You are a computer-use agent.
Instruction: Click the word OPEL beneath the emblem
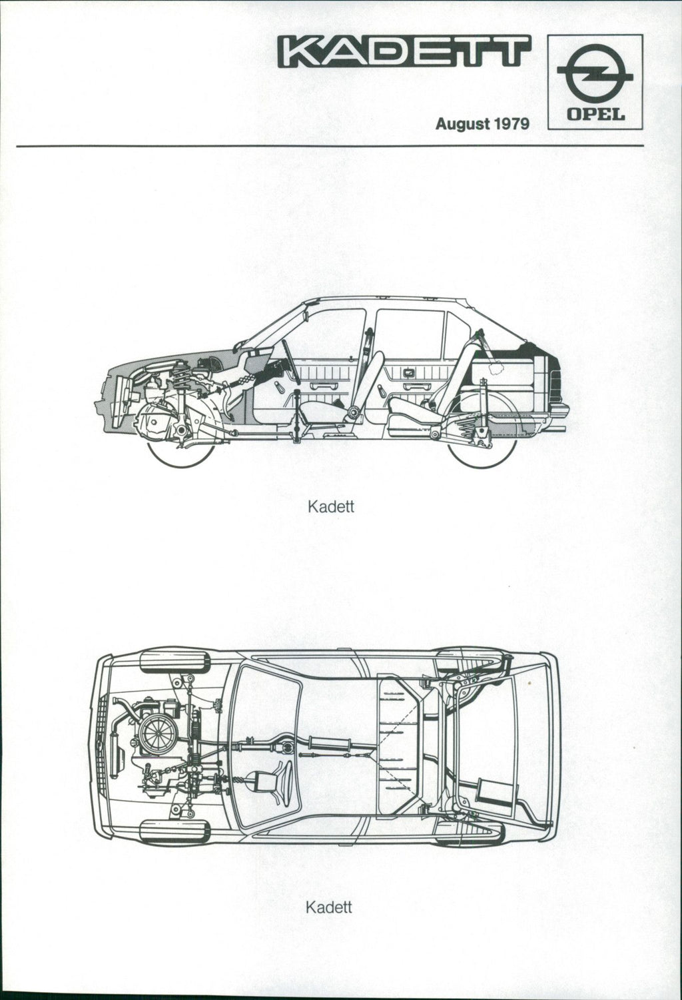coord(595,115)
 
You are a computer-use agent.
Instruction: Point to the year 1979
coord(511,123)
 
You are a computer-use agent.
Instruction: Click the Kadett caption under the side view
coord(331,507)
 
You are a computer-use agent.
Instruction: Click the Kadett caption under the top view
coord(328,907)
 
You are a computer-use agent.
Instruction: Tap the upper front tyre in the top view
coord(175,662)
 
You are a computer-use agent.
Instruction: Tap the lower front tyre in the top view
coord(174,831)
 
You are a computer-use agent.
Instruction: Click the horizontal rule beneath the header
coord(330,146)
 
